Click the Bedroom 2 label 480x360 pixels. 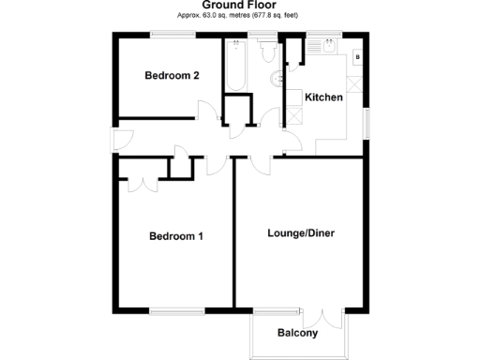tap(171, 77)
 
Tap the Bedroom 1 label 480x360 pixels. tap(176, 236)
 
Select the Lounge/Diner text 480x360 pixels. tap(301, 232)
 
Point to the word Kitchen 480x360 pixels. tap(324, 97)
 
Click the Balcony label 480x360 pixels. tap(298, 333)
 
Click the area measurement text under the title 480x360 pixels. tap(240, 16)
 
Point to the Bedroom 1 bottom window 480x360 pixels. tap(175, 311)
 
